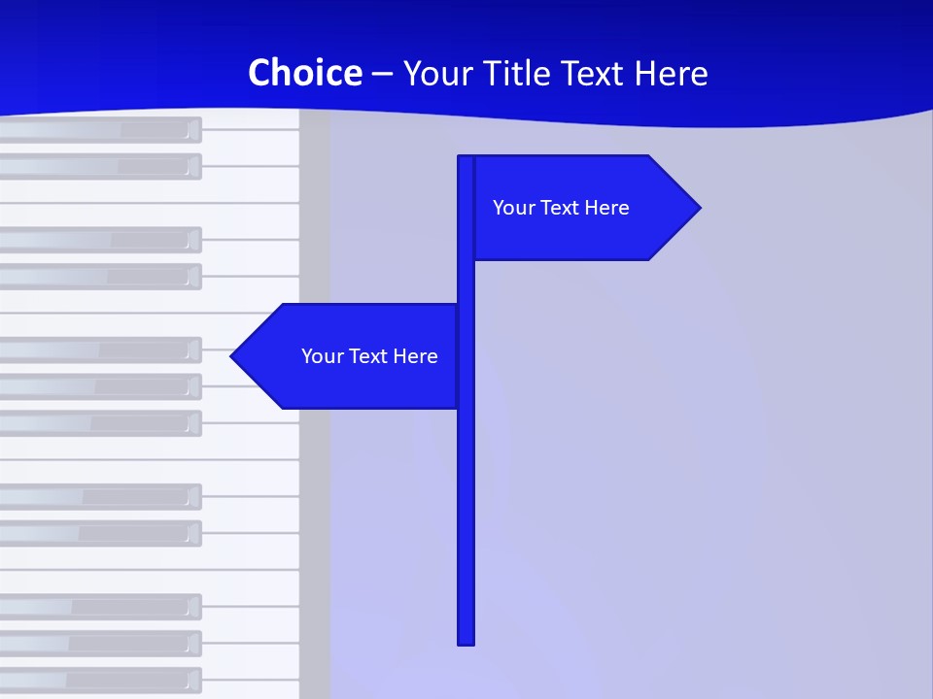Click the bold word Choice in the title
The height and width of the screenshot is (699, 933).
pos(304,73)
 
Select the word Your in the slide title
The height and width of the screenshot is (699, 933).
pos(436,73)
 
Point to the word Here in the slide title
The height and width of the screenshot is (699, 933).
pos(671,73)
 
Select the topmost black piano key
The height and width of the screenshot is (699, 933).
pos(97,130)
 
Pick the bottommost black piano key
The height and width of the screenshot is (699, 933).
pos(97,680)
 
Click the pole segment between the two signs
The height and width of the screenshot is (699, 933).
pos(466,282)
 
